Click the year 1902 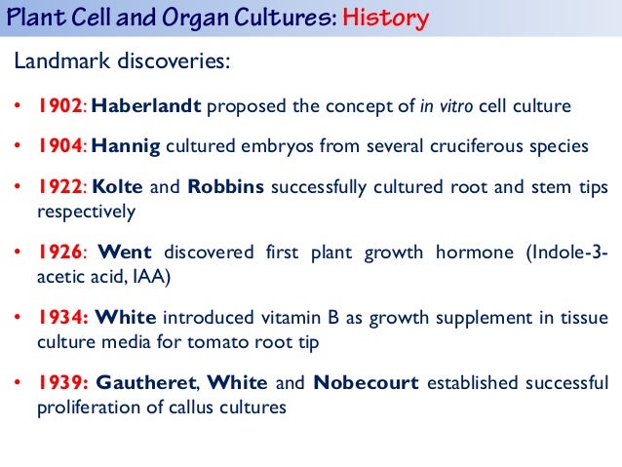tap(58, 105)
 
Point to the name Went tap(126, 253)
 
